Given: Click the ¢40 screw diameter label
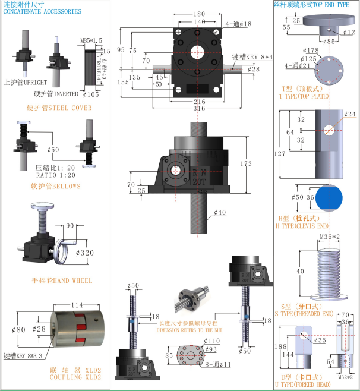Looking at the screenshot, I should click(x=220, y=212).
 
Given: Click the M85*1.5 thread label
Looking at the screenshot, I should click(x=91, y=40).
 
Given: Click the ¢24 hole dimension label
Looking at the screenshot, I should click(x=349, y=114).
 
